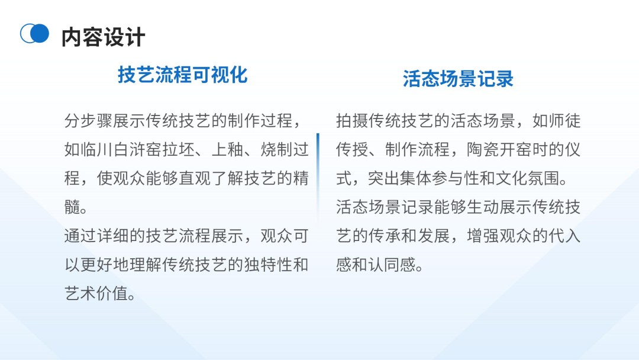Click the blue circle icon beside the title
point(35,34)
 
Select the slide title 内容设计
point(104,37)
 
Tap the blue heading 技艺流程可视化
point(182,75)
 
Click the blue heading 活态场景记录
point(458,79)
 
